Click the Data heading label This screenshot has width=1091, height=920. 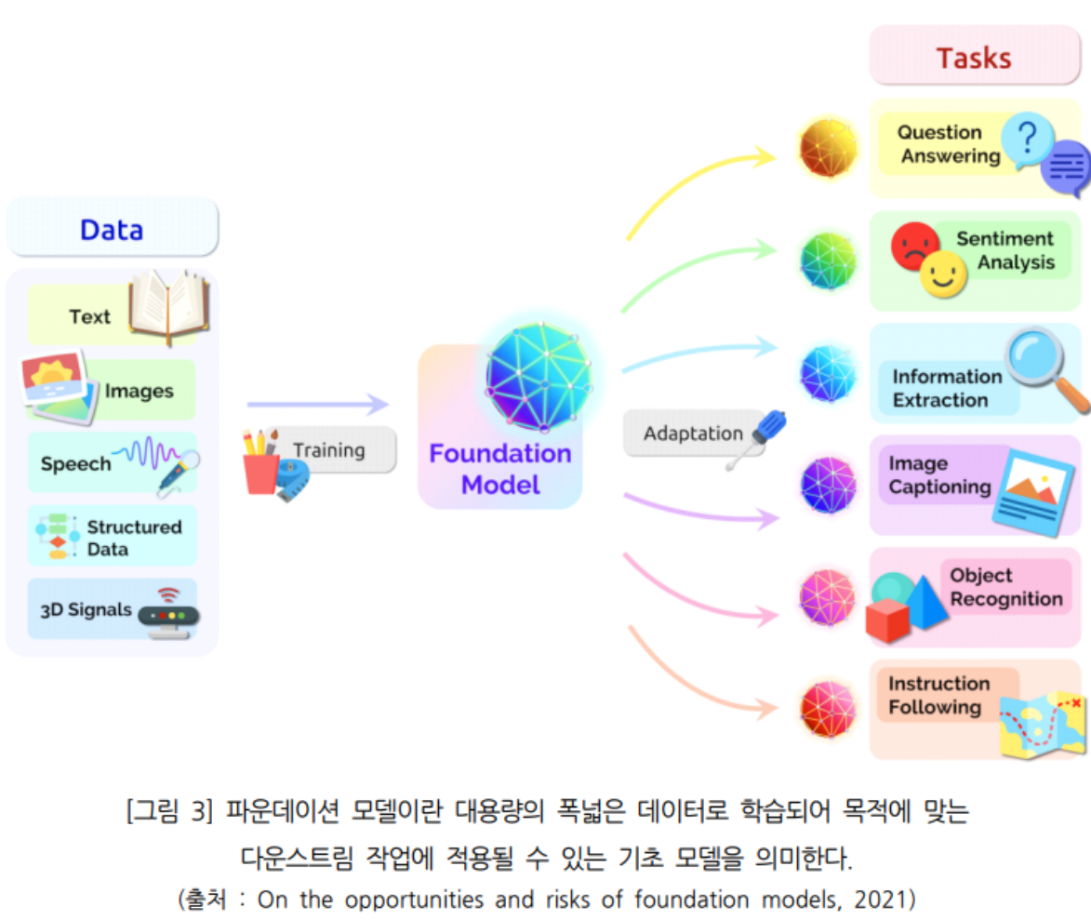pyautogui.click(x=112, y=230)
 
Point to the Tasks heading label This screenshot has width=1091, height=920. pyautogui.click(x=974, y=58)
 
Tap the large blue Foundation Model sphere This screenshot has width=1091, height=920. pyautogui.click(x=538, y=376)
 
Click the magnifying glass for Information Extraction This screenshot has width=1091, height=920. pyautogui.click(x=1042, y=366)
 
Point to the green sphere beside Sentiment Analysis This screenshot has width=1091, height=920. pyautogui.click(x=828, y=260)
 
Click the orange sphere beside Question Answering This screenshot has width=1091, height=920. pyautogui.click(x=828, y=148)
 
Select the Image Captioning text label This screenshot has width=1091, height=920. pyautogui.click(x=939, y=475)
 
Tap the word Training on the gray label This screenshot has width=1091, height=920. pyautogui.click(x=329, y=450)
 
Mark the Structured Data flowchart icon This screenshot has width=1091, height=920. pyautogui.click(x=56, y=536)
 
